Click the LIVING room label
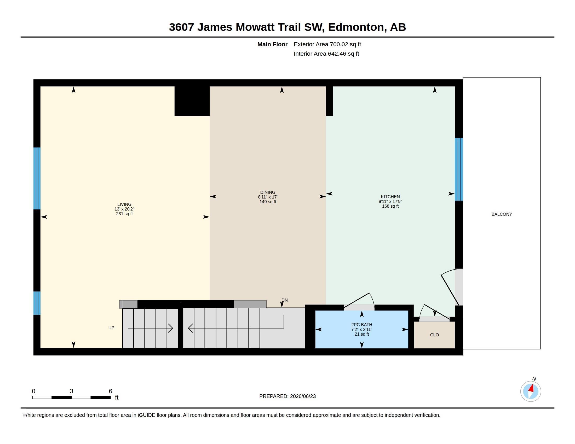point(124,205)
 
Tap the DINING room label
point(268,192)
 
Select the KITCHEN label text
point(390,197)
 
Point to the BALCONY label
point(502,214)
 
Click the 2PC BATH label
point(361,325)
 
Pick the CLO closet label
point(434,335)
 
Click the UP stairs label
point(111,328)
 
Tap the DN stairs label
point(284,300)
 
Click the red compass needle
point(531,388)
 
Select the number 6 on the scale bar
point(111,391)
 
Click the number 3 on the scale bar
point(71,391)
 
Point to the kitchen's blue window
point(459,169)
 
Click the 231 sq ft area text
point(124,214)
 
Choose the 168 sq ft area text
point(390,206)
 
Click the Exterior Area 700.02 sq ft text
point(327,44)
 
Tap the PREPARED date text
point(287,396)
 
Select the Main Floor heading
point(272,44)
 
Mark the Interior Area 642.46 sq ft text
point(326,54)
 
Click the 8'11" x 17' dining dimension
point(268,197)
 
